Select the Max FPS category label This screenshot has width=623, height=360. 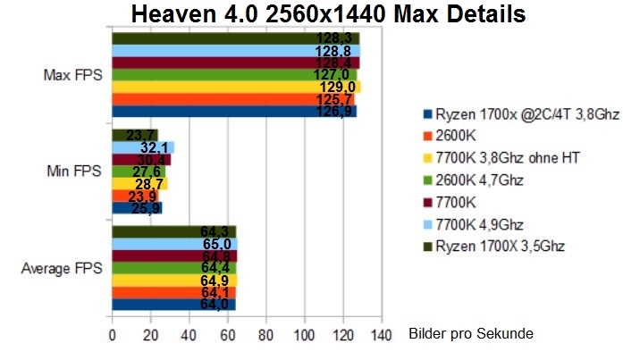[72, 74]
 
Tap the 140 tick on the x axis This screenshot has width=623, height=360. [382, 336]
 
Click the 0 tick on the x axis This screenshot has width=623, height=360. [112, 336]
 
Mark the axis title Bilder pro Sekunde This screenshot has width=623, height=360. [471, 334]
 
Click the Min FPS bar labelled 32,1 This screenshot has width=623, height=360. [142, 147]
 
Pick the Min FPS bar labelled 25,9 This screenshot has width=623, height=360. [137, 207]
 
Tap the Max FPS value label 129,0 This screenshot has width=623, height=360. [337, 87]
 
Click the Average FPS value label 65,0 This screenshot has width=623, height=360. [219, 243]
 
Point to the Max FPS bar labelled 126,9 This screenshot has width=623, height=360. [234, 111]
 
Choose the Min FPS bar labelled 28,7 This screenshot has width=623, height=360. [139, 183]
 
